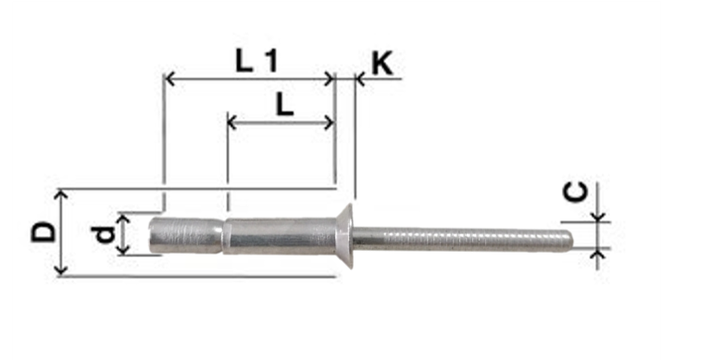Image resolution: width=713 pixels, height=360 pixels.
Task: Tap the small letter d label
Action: (x=105, y=235)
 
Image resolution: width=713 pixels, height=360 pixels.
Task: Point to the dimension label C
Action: (x=575, y=192)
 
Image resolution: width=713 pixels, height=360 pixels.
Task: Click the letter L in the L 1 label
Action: (x=244, y=61)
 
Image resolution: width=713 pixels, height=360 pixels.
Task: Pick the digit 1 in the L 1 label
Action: (x=271, y=61)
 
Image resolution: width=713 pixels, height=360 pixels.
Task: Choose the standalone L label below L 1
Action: (x=284, y=106)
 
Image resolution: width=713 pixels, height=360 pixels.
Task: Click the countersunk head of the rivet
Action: (x=345, y=236)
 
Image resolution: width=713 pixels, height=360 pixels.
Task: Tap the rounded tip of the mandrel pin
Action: (x=569, y=240)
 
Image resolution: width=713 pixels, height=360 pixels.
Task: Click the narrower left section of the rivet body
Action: (x=186, y=235)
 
